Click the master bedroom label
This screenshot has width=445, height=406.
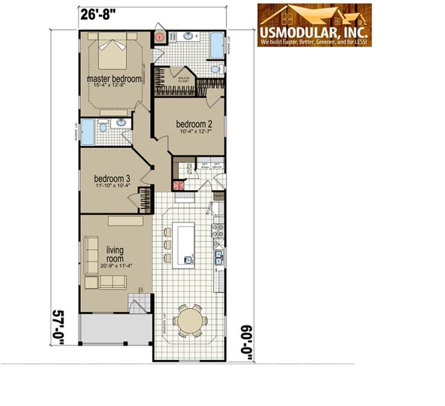click(x=114, y=79)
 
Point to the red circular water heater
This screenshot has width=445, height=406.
click(x=159, y=37)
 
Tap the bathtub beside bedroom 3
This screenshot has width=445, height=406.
click(x=88, y=132)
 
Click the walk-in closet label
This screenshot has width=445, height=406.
click(x=184, y=78)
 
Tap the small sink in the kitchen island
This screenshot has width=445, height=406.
click(x=188, y=260)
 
